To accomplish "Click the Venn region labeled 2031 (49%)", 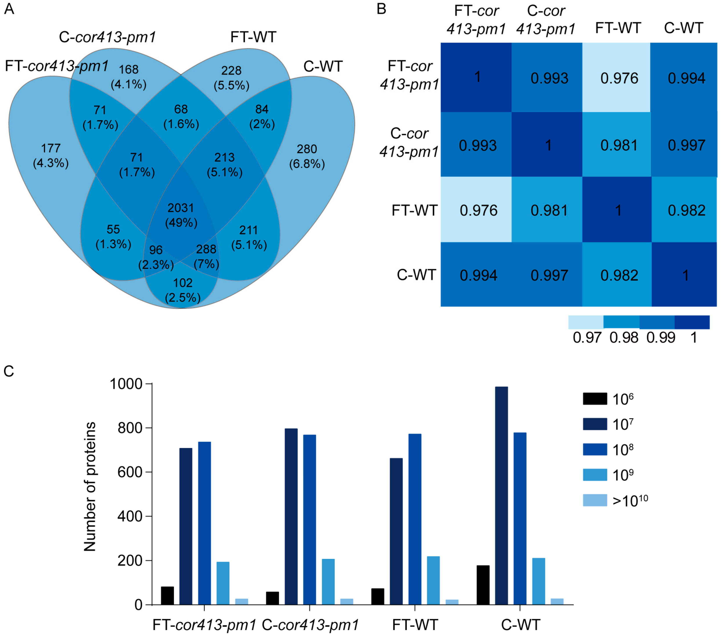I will point(181,215).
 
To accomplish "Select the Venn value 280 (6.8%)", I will point(307,156).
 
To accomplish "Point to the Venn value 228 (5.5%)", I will point(231,78).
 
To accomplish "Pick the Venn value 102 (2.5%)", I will point(183,290).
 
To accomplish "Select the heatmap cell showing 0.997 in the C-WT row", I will point(549,275).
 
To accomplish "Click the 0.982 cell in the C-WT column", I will point(686,211).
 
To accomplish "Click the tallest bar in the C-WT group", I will point(501,495).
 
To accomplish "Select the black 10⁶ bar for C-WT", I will point(483,584).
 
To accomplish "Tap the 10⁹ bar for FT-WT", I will point(433,580).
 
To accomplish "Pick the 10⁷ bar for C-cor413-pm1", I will point(291,516).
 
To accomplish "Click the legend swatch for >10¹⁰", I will point(595,500).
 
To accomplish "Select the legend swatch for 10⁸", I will point(595,449).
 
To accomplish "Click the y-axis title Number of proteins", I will point(90,486).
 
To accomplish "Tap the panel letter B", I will point(381,9).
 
